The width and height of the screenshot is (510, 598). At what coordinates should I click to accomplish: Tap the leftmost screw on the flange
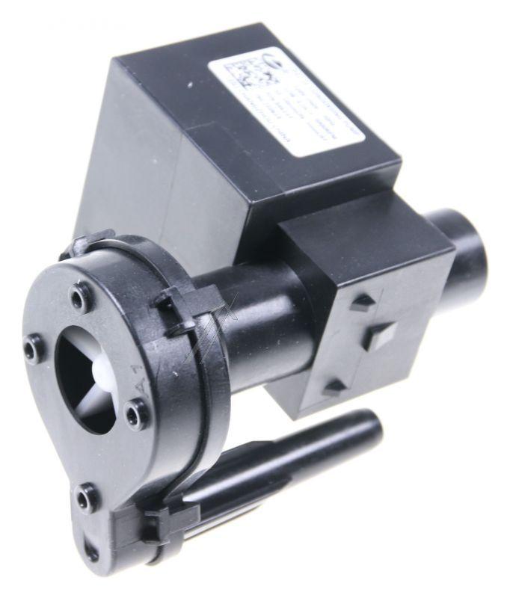[x=32, y=348]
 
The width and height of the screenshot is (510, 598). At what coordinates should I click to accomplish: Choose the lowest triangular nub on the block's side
[x=335, y=386]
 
